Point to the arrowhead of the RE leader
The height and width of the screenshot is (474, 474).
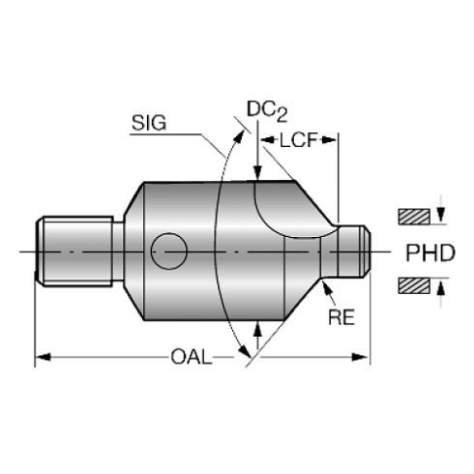tap(327, 285)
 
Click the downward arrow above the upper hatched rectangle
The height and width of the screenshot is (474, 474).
tap(441, 205)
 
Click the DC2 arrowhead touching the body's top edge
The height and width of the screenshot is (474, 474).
tap(256, 174)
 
